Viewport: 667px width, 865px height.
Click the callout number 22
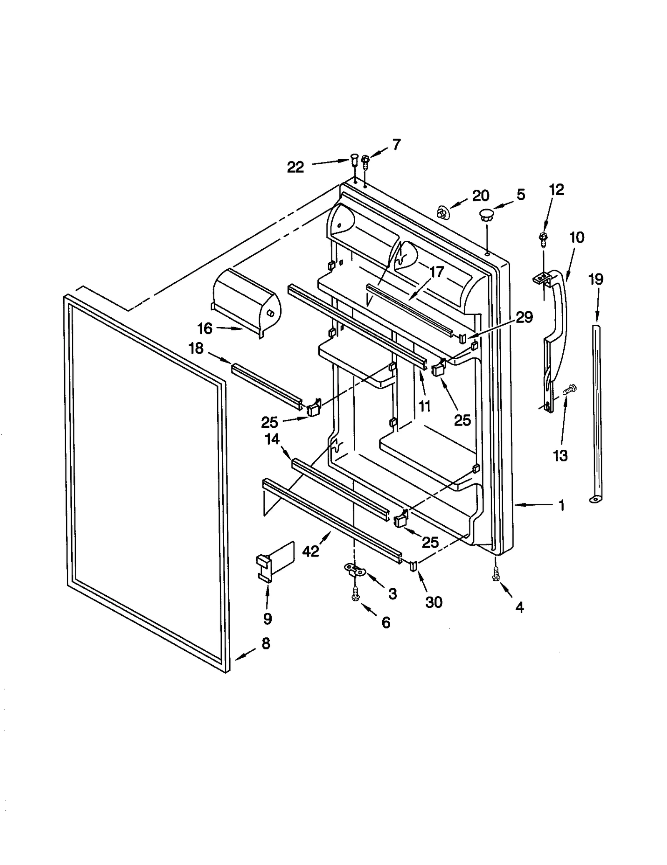295,167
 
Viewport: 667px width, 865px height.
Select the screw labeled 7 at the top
366,162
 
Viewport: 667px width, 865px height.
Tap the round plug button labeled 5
486,215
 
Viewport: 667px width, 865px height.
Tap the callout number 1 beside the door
561,506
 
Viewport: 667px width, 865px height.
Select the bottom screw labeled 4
496,576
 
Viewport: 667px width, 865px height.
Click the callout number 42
311,551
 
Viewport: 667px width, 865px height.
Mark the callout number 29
524,317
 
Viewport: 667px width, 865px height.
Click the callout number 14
272,439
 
